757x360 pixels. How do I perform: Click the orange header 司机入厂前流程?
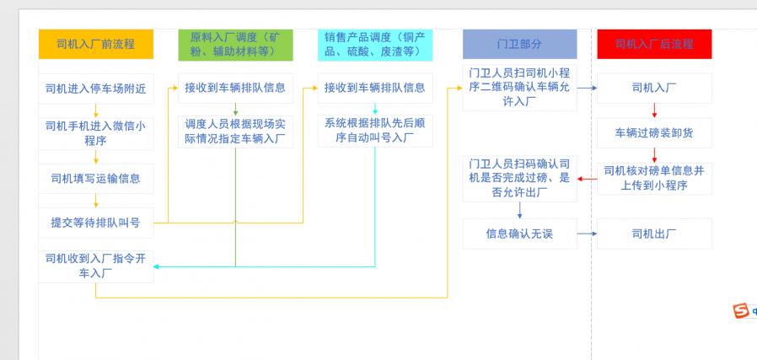[95, 44]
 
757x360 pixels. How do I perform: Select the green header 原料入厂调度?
[235, 44]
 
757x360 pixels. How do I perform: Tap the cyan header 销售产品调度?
[375, 44]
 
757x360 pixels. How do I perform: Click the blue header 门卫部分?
[519, 44]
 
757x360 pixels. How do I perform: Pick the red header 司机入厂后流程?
[654, 44]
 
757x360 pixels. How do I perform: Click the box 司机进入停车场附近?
[95, 88]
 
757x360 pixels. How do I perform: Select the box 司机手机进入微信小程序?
[95, 133]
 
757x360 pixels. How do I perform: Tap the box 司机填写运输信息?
[95, 178]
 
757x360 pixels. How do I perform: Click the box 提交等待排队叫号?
[95, 223]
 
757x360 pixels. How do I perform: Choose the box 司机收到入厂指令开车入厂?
[95, 266]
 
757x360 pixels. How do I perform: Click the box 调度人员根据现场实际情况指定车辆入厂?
[235, 132]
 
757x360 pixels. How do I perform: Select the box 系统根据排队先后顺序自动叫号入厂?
[375, 131]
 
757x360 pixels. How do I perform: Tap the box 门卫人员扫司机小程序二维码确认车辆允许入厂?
[519, 88]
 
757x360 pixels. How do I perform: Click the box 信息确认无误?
[519, 234]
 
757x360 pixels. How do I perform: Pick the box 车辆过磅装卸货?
[654, 132]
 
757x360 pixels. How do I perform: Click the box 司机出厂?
[654, 234]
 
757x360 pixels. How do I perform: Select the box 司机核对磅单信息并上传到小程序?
[654, 178]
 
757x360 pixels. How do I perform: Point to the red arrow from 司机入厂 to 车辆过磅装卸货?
[654, 110]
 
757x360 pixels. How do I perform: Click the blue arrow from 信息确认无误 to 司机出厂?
[587, 234]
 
